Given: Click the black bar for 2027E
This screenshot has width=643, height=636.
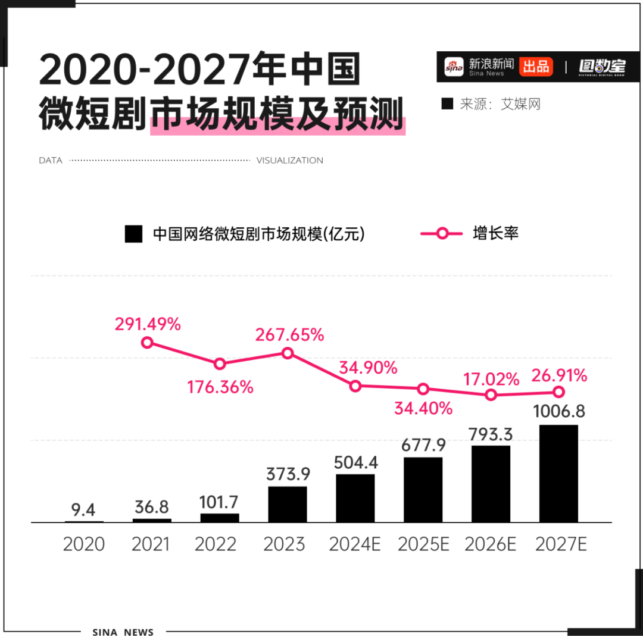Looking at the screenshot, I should click(x=558, y=474).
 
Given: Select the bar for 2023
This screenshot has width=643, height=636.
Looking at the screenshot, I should click(x=288, y=505).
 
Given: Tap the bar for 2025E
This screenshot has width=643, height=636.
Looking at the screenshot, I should click(x=423, y=490).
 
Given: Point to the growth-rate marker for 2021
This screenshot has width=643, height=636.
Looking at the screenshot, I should click(x=148, y=342).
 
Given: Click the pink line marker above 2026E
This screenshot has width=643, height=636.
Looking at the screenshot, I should click(x=491, y=394).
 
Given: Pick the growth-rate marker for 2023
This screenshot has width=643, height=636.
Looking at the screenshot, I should click(x=288, y=353).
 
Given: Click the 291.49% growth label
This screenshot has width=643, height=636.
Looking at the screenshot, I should click(x=148, y=324).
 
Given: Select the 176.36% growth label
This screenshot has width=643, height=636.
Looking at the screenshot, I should click(x=220, y=387).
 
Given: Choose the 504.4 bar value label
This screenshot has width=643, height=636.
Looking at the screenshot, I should click(x=355, y=462).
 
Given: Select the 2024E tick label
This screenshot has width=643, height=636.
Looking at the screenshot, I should click(x=355, y=544).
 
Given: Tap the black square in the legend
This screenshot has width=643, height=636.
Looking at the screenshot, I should click(x=133, y=234).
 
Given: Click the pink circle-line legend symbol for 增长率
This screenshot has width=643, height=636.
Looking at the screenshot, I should click(x=442, y=233).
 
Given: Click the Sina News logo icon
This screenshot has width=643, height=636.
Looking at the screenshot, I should click(x=454, y=67).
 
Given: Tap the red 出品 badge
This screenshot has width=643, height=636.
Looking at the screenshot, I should click(x=536, y=66).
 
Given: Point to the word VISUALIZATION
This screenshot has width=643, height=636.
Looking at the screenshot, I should click(x=290, y=161).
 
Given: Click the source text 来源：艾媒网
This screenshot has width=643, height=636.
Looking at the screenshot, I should click(x=492, y=104).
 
